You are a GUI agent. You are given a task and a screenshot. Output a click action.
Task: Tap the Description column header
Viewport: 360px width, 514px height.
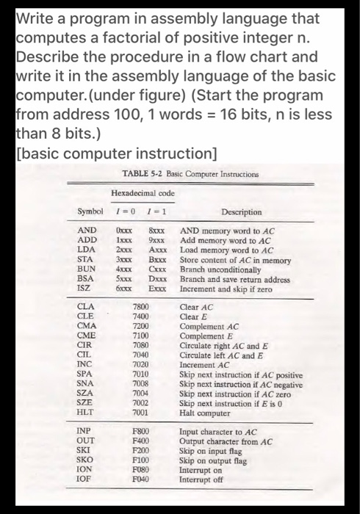(x=241, y=212)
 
